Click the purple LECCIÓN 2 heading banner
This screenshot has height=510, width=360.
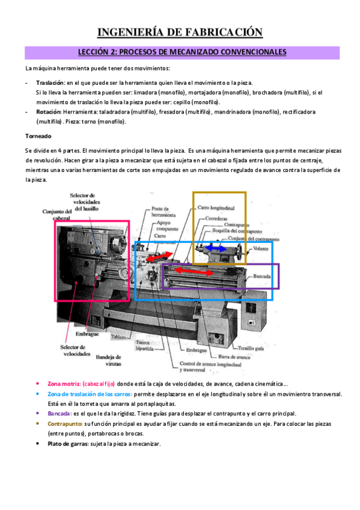pos(180,52)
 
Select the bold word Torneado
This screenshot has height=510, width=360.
pos(38,136)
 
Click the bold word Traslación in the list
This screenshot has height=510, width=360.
pos(50,82)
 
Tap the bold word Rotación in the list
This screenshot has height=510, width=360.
pos(49,112)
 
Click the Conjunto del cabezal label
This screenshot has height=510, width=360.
pos(57,215)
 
